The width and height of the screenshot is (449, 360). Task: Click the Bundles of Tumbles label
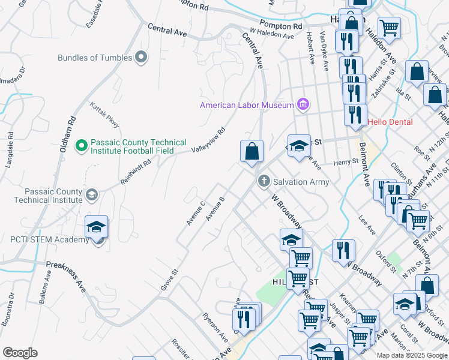pyautogui.click(x=95, y=58)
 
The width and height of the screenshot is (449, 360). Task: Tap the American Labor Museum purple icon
pyautogui.click(x=303, y=106)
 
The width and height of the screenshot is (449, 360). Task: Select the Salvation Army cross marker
pyautogui.click(x=263, y=181)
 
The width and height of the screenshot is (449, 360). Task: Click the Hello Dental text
pyautogui.click(x=390, y=122)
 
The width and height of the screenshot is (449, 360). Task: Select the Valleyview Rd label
pyautogui.click(x=208, y=140)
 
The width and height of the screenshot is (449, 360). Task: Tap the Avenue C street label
pyautogui.click(x=195, y=214)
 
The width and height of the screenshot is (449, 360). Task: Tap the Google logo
pyautogui.click(x=20, y=353)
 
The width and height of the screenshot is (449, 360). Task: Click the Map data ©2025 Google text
pyautogui.click(x=411, y=355)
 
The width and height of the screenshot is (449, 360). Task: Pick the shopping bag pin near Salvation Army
pyautogui.click(x=252, y=152)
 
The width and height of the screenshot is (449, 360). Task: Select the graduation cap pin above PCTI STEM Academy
pyautogui.click(x=96, y=228)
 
